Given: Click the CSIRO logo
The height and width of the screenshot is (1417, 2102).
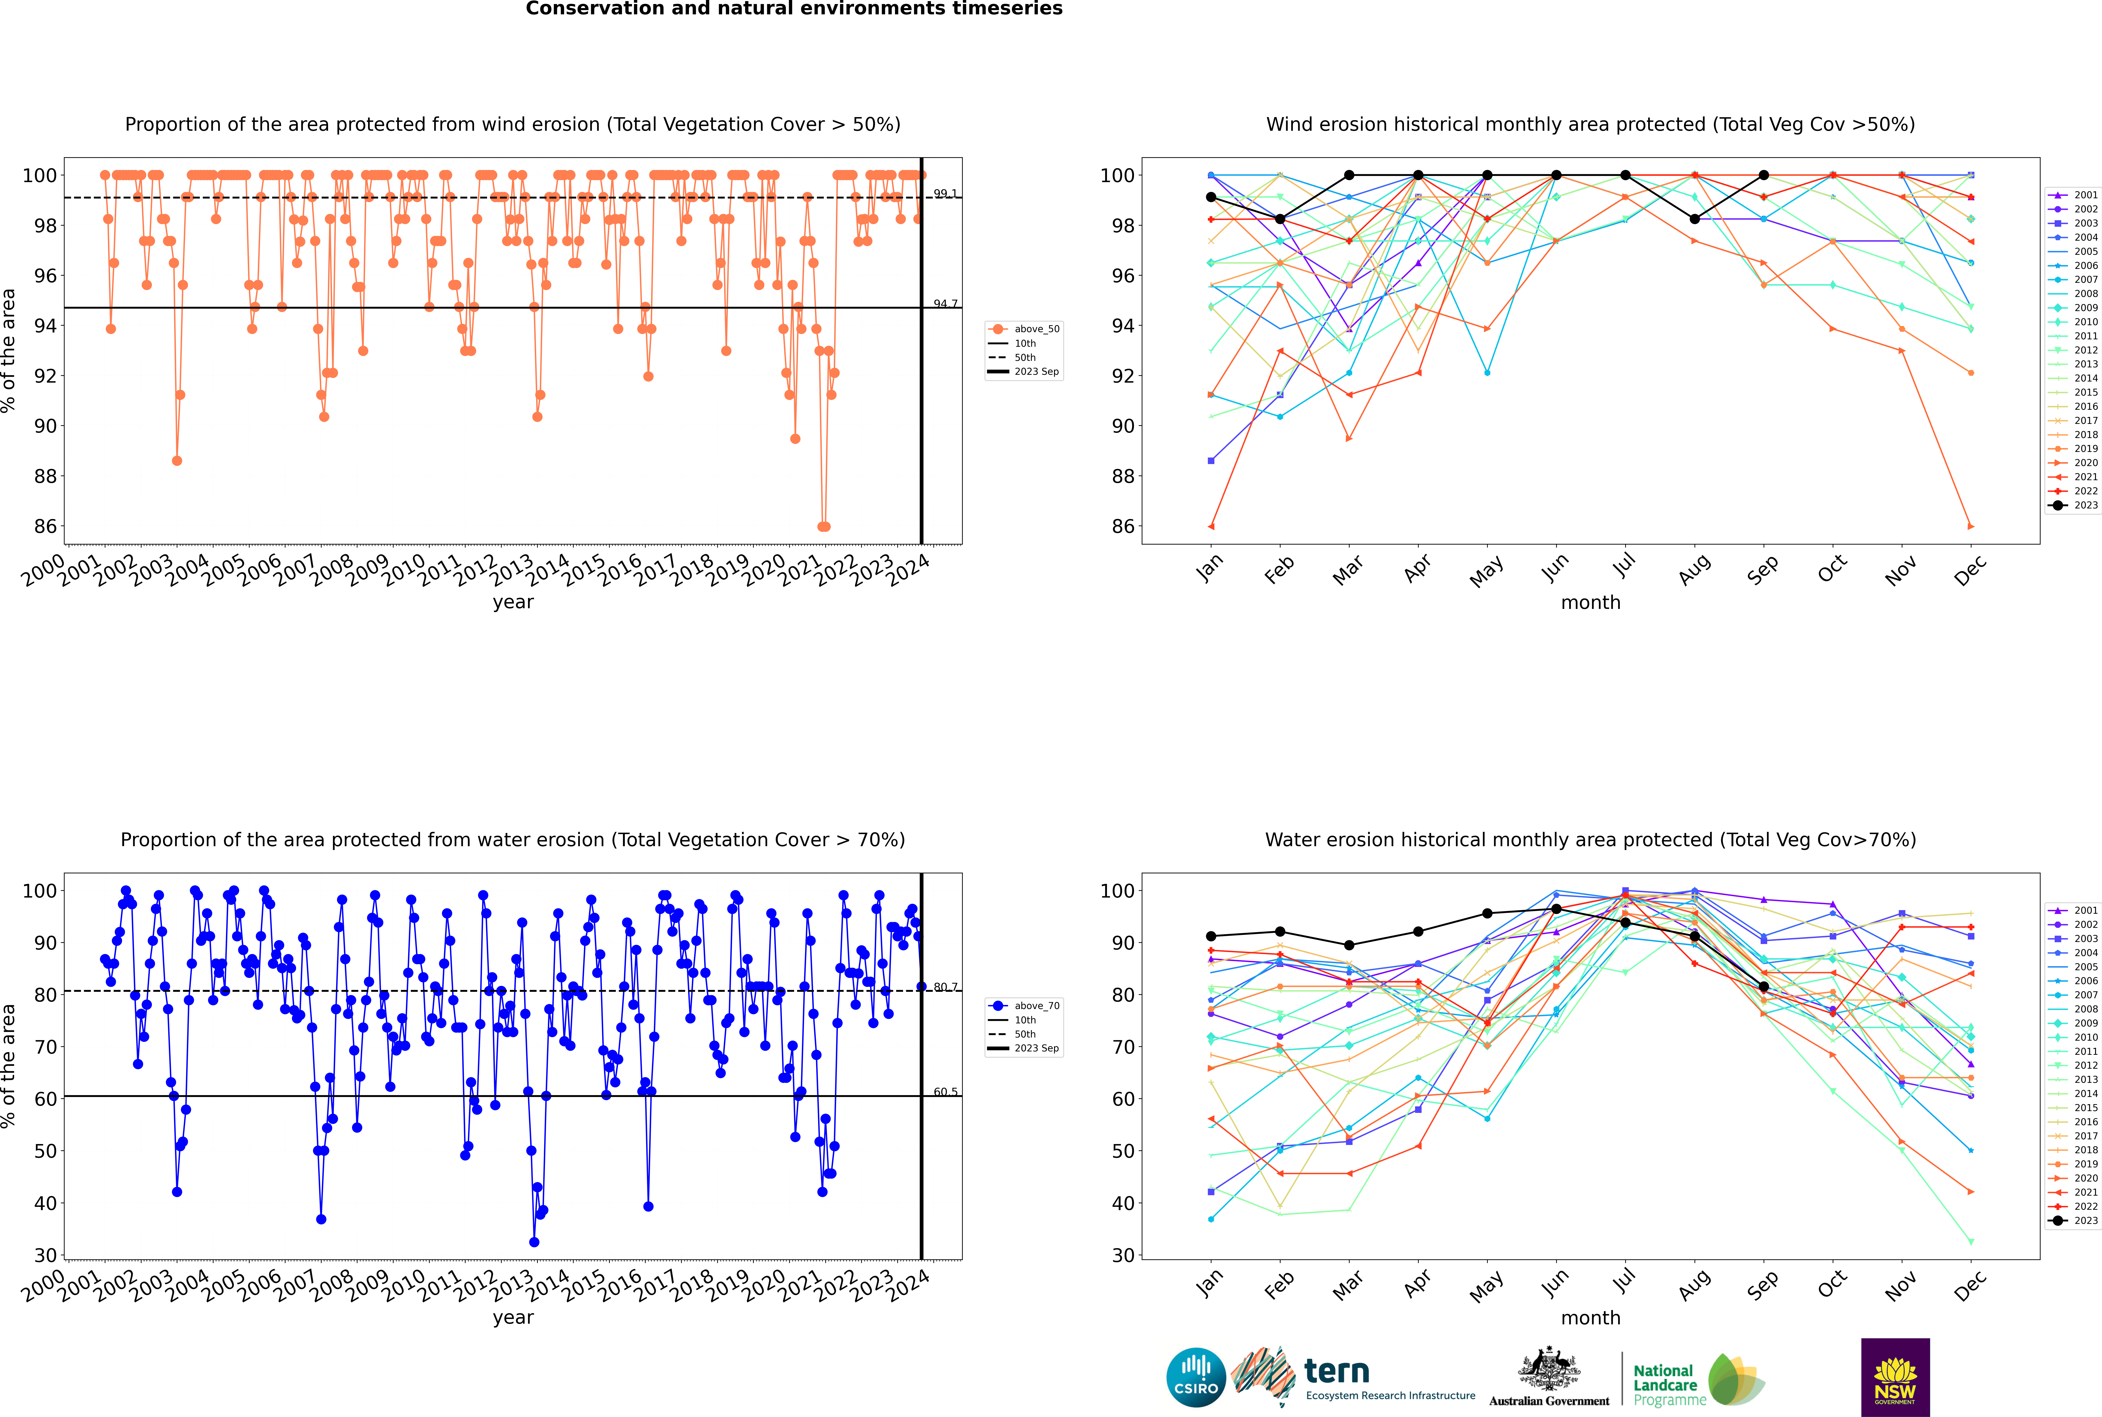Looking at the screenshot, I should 1196,1377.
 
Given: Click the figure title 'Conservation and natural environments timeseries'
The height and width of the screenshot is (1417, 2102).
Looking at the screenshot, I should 793,9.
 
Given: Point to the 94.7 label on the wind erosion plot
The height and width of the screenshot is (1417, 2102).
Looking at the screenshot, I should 945,304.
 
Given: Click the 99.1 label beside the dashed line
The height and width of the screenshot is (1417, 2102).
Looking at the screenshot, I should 945,193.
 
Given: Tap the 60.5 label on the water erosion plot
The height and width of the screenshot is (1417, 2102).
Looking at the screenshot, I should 945,1092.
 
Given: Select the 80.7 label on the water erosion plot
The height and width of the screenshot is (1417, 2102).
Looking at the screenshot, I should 945,987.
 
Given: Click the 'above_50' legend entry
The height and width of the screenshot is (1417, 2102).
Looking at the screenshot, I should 1036,329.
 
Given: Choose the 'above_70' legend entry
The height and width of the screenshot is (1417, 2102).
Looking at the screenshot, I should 1036,1006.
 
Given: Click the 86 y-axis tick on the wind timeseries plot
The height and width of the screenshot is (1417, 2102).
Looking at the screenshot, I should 45,526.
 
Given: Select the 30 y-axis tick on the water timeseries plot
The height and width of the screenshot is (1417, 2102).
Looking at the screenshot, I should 45,1255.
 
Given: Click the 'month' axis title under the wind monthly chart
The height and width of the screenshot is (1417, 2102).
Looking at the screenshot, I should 1590,603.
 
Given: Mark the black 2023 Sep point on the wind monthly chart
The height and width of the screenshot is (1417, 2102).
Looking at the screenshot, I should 1763,175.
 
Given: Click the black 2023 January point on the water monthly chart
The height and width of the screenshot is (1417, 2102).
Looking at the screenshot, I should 1211,936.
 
